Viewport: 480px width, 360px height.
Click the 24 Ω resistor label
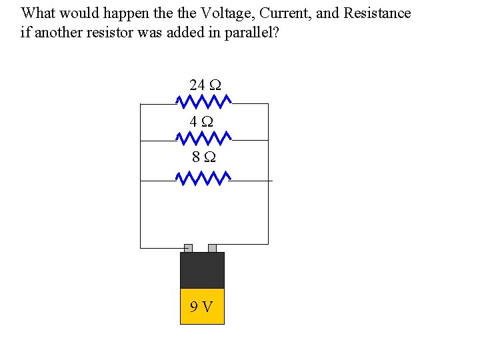tap(205, 85)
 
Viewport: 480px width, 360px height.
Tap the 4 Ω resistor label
tap(201, 122)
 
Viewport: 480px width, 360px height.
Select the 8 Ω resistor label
tap(203, 157)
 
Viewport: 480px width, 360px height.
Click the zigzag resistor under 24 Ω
tap(203, 101)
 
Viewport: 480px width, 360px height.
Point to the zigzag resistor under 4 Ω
tap(203, 138)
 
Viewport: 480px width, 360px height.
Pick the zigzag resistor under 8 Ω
tap(203, 179)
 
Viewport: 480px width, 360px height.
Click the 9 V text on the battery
tap(201, 307)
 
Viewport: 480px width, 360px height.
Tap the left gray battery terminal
tap(188, 248)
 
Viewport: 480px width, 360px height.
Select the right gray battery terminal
tap(212, 248)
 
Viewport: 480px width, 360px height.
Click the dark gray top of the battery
tap(202, 270)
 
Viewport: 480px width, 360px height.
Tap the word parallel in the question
tap(253, 32)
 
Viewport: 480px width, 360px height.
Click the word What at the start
tap(37, 13)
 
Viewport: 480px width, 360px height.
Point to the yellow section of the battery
tap(202, 313)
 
